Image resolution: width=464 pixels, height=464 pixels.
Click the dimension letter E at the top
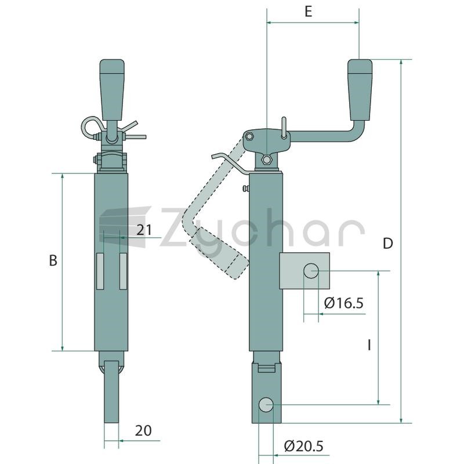309,12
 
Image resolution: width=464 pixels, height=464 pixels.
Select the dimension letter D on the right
387,244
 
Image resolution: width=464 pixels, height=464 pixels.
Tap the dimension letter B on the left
53,260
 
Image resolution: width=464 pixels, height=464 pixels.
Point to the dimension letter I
369,345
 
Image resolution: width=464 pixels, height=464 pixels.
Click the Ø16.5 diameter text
343,303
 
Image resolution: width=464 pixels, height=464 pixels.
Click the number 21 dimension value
144,230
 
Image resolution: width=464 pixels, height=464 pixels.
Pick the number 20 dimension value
143,430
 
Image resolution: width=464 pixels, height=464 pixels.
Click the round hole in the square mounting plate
311,271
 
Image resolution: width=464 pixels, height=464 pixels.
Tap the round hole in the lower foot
266,404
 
